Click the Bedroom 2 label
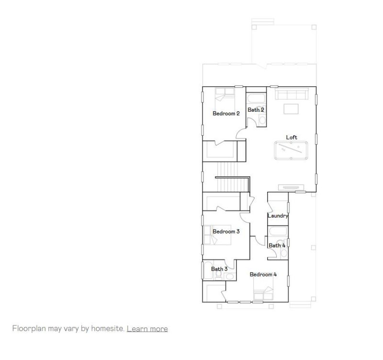pyautogui.click(x=226, y=114)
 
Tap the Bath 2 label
pyautogui.click(x=256, y=110)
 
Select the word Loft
pyautogui.click(x=292, y=138)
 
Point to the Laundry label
pyautogui.click(x=278, y=216)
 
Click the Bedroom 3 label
pyautogui.click(x=226, y=232)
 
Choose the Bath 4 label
pyautogui.click(x=277, y=245)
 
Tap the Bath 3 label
pyautogui.click(x=219, y=269)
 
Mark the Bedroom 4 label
pyautogui.click(x=263, y=275)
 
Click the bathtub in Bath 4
pyautogui.click(x=277, y=232)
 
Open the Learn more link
pyautogui.click(x=147, y=329)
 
